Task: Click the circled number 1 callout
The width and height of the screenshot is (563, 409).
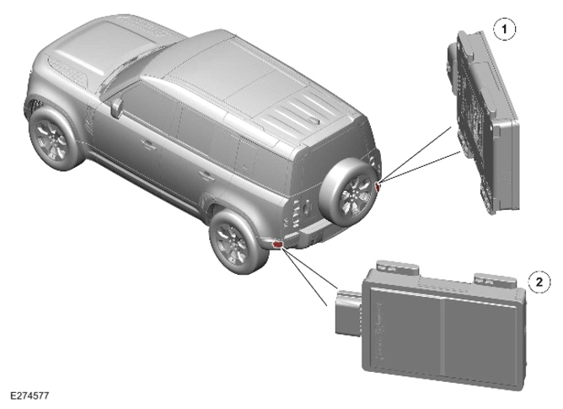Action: (505, 29)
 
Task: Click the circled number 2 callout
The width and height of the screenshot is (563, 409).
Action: (539, 282)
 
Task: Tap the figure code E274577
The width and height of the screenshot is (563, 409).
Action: (29, 396)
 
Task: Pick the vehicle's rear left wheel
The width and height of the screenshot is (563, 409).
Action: (238, 243)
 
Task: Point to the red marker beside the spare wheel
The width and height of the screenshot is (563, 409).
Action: (378, 186)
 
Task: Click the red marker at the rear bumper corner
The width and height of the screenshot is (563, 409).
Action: (277, 245)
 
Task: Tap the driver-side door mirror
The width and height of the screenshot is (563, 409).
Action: (116, 107)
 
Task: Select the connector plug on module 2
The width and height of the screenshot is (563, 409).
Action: (347, 312)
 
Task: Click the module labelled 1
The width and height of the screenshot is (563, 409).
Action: (482, 123)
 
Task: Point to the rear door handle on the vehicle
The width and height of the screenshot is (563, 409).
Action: (206, 175)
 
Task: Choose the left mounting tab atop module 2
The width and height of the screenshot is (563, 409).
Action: (398, 268)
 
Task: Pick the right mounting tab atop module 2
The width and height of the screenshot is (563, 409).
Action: (496, 280)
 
